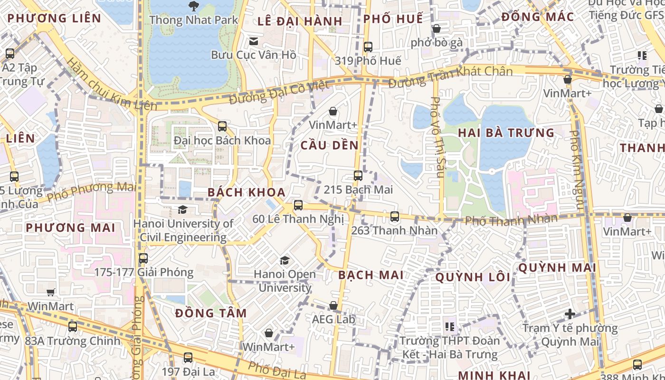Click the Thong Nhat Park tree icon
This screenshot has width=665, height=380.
click(193, 6)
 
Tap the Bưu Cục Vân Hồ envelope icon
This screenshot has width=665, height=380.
click(254, 41)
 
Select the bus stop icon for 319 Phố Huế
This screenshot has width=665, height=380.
click(368, 47)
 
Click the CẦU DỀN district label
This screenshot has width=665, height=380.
click(330, 145)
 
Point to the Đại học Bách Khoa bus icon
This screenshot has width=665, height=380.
click(222, 126)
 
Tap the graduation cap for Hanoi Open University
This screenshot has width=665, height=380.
click(285, 260)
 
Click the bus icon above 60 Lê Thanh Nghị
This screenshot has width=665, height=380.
click(298, 205)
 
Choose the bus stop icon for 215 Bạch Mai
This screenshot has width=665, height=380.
click(358, 176)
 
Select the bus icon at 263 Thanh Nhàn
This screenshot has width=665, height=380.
click(394, 217)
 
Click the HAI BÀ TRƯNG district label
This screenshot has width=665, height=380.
click(506, 133)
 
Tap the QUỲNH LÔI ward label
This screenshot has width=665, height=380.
click(473, 277)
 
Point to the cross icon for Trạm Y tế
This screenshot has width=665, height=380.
click(570, 314)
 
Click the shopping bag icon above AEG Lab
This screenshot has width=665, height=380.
click(333, 305)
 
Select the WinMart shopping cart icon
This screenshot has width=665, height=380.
click(50, 292)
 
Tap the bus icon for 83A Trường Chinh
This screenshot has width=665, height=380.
click(72, 327)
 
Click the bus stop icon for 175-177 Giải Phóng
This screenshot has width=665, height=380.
click(143, 258)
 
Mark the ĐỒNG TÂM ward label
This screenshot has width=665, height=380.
click(211, 313)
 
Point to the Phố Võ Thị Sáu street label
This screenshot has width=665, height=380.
click(436, 137)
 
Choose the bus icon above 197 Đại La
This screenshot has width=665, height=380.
click(188, 358)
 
